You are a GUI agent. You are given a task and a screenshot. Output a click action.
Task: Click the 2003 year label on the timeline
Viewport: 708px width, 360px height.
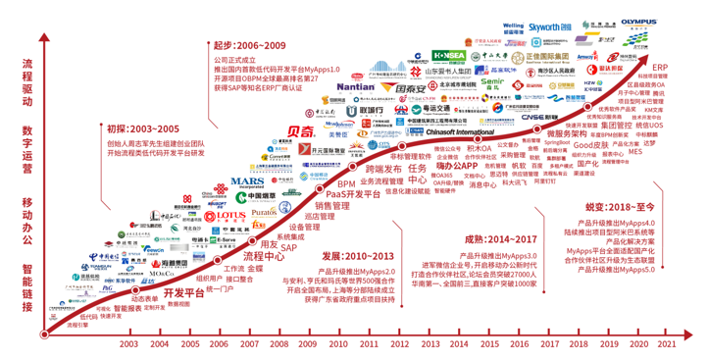[129, 343]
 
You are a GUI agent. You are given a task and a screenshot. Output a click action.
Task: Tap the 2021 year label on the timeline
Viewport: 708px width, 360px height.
[666, 343]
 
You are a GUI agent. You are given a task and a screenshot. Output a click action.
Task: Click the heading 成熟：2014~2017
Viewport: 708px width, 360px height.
[484, 238]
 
